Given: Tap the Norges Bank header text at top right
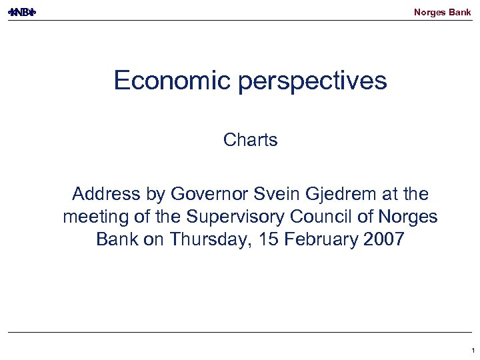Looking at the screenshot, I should click(x=442, y=12).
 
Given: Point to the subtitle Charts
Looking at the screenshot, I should click(x=251, y=140).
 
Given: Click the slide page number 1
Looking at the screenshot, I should click(x=472, y=350).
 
